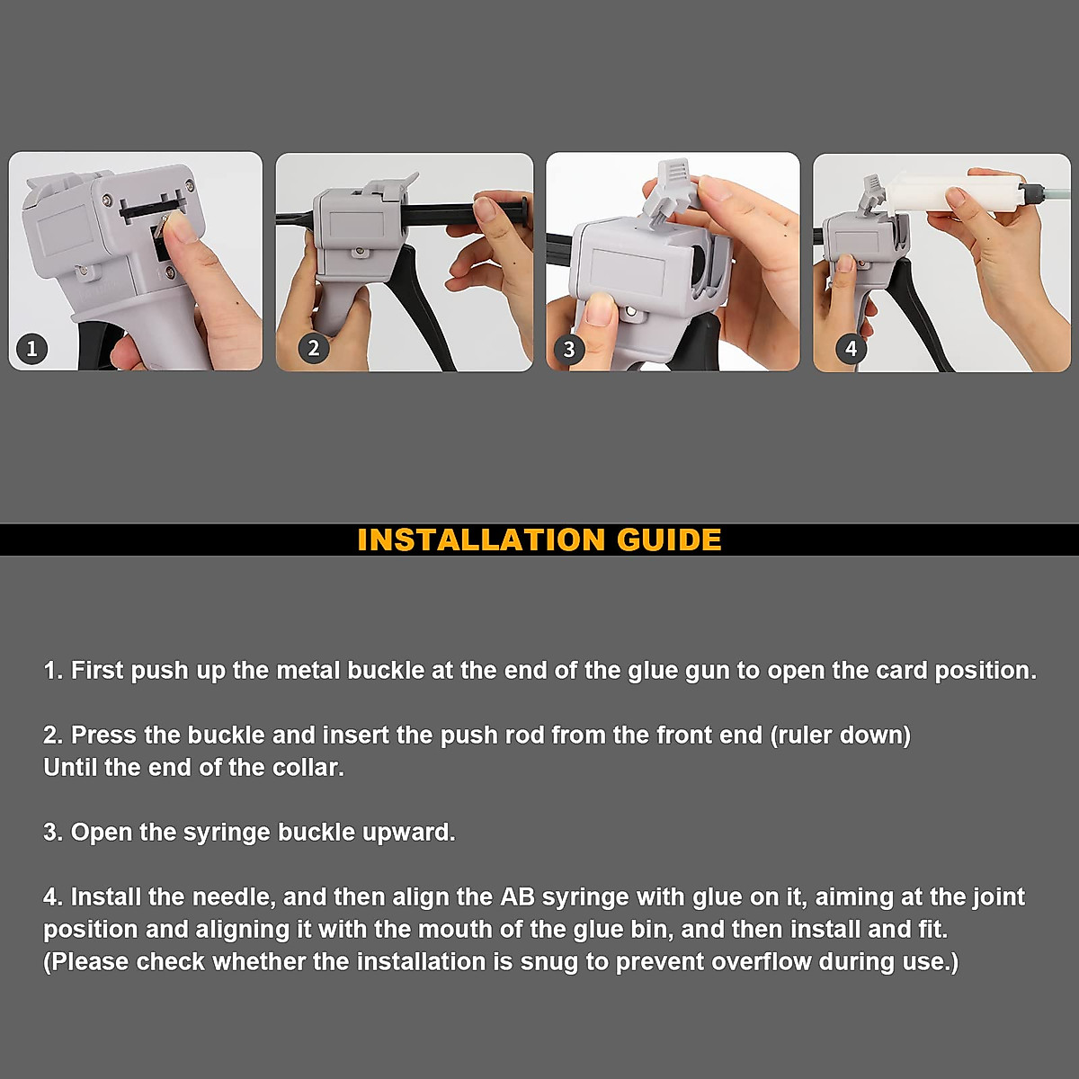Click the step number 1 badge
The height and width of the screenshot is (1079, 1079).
tap(32, 348)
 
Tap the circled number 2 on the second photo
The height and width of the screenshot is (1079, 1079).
tap(313, 348)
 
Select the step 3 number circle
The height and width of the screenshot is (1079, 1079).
tap(568, 349)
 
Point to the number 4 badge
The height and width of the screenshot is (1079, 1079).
tap(851, 348)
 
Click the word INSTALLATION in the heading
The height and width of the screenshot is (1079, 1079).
tap(481, 539)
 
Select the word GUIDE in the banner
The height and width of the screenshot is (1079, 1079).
tap(669, 539)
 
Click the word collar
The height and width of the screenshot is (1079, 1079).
tap(308, 768)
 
